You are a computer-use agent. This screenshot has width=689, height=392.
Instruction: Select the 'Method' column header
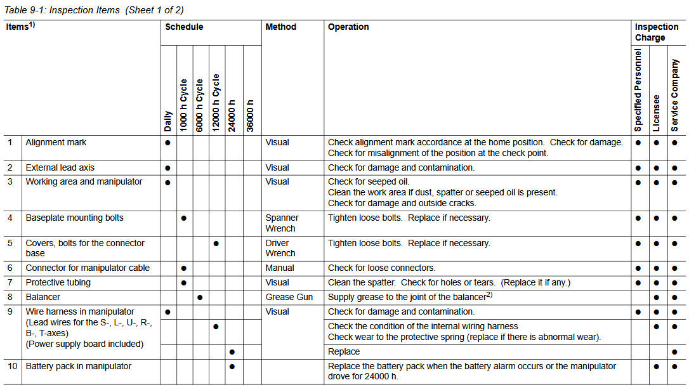click(280, 27)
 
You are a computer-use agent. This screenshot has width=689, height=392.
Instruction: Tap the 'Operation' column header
click(348, 27)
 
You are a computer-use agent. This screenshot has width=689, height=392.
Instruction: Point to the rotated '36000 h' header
click(251, 115)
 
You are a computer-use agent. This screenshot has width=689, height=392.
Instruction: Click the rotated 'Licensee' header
click(657, 114)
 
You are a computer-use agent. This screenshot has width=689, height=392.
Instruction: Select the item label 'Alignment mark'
click(56, 143)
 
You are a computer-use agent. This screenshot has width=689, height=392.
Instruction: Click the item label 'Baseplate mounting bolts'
click(74, 218)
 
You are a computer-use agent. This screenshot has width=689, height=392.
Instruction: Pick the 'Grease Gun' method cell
click(289, 297)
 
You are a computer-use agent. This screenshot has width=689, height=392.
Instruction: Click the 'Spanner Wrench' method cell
click(282, 223)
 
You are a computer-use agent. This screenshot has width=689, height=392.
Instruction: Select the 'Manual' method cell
click(280, 268)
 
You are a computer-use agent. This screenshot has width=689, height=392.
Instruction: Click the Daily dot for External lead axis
click(167, 168)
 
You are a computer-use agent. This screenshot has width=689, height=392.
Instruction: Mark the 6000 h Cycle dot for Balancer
click(200, 297)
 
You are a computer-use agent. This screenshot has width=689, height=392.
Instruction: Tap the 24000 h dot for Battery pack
click(232, 367)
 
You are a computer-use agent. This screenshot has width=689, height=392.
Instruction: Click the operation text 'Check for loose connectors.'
click(381, 268)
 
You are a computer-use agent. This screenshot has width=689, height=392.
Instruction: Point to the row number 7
click(10, 282)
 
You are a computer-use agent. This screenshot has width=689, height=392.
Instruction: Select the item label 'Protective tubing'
click(58, 282)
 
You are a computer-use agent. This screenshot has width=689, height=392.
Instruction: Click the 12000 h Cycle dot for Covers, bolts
click(216, 244)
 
